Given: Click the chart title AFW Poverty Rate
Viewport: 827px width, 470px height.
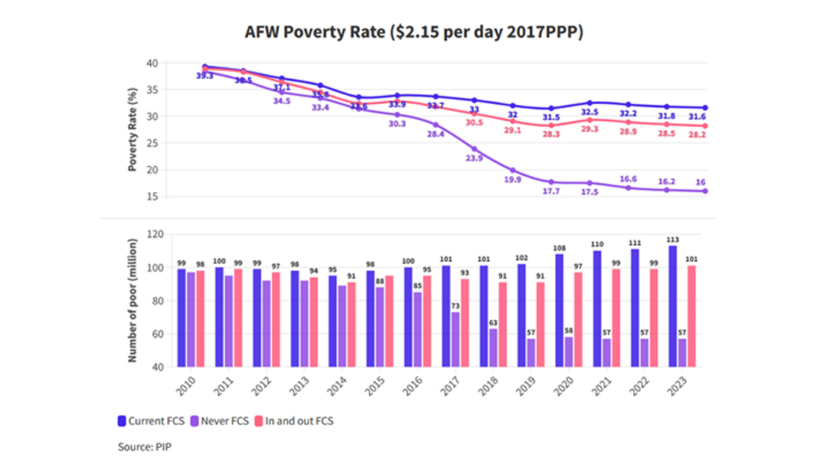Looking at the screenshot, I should pyautogui.click(x=414, y=32).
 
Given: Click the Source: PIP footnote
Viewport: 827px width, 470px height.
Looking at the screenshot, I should pyautogui.click(x=145, y=446).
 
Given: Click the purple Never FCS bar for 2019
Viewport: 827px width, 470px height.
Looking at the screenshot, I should pyautogui.click(x=531, y=352).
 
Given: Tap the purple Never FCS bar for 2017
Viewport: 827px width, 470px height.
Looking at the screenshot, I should pyautogui.click(x=456, y=339).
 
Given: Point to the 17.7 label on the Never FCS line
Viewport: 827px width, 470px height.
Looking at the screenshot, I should pyautogui.click(x=551, y=191).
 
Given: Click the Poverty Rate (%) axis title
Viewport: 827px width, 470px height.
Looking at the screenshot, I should pyautogui.click(x=132, y=130).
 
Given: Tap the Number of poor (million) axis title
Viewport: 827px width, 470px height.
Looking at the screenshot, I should pyautogui.click(x=132, y=301).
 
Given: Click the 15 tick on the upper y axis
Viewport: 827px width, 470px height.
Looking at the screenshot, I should pyautogui.click(x=153, y=197).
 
